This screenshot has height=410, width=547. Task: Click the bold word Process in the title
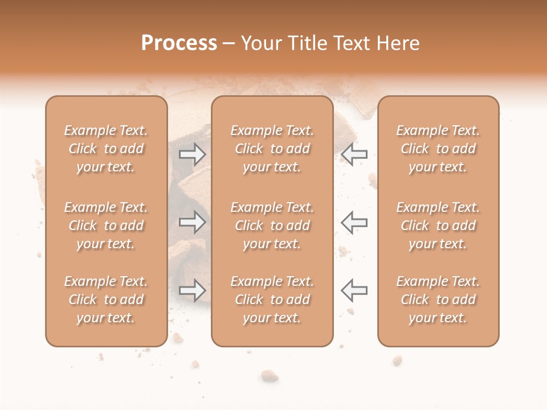tap(179, 43)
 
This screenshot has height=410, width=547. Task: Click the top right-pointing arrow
tap(192, 154)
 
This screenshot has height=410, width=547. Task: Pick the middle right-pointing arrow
tap(192, 222)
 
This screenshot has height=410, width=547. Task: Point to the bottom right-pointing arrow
tap(192, 290)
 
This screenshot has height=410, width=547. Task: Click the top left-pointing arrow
tap(354, 154)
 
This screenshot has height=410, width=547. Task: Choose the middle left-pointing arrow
tap(354, 222)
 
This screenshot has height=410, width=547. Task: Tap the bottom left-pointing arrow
tap(354, 290)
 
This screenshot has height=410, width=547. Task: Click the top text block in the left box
tap(106, 149)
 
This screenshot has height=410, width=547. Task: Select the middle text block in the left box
tap(106, 225)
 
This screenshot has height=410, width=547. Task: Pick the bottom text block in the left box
tap(106, 300)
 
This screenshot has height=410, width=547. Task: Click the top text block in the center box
tap(272, 149)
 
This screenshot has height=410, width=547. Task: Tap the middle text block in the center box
tap(272, 225)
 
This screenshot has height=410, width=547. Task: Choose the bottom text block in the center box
tap(272, 300)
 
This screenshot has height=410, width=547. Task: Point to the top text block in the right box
tap(438, 149)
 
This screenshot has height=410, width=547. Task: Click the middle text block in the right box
tap(438, 225)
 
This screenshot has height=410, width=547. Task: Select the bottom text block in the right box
tap(438, 300)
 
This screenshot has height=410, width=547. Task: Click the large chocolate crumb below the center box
tap(270, 375)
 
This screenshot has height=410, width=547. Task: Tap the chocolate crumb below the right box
tap(397, 360)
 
